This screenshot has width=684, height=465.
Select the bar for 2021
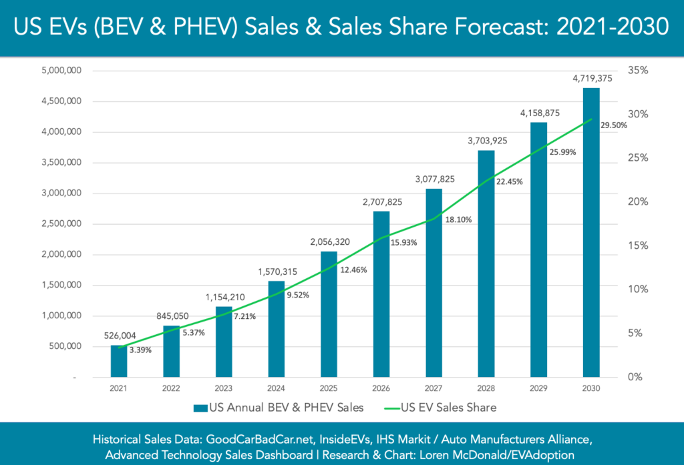pyautogui.click(x=119, y=361)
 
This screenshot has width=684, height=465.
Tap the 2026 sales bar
pyautogui.click(x=381, y=294)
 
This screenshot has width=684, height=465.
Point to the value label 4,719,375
pyautogui.click(x=591, y=78)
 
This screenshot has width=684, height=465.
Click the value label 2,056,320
pyautogui.click(x=329, y=242)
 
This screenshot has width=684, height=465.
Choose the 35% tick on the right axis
pyautogui.click(x=637, y=71)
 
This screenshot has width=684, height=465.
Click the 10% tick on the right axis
pyautogui.click(x=637, y=290)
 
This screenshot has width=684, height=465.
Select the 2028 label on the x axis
pyautogui.click(x=486, y=388)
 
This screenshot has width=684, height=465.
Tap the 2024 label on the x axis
pyautogui.click(x=276, y=388)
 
